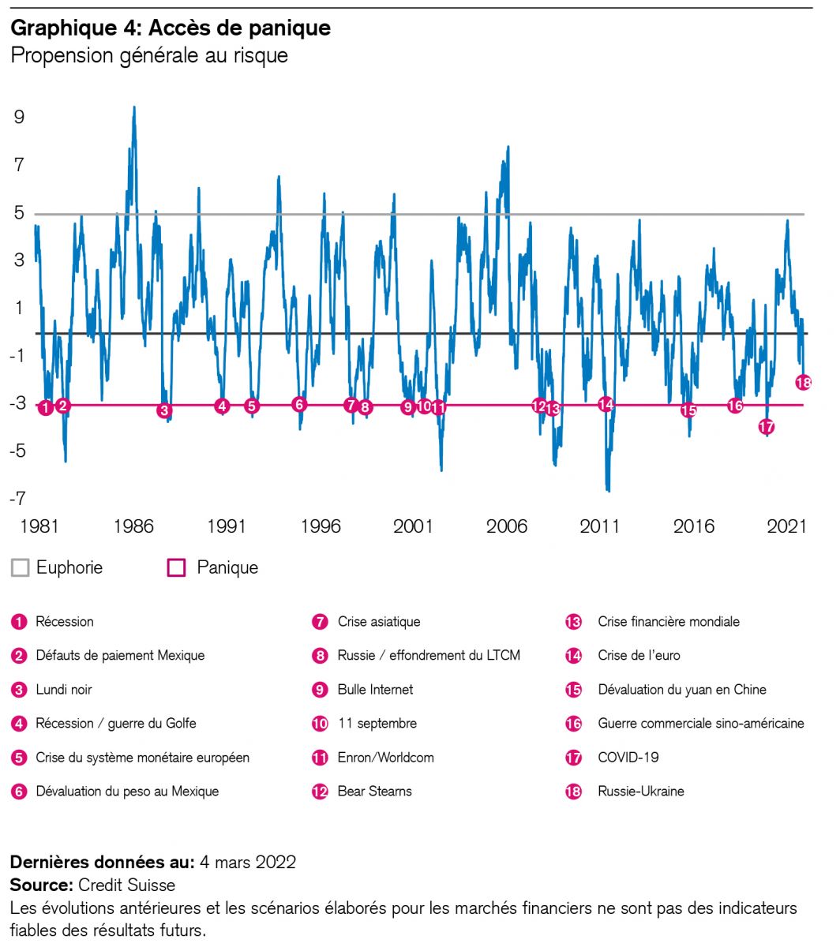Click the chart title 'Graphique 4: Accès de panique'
click(170, 28)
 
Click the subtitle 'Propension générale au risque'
click(148, 56)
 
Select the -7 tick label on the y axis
click(17, 498)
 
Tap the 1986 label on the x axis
click(133, 526)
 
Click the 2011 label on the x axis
click(600, 526)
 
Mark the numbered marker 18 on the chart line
click(804, 382)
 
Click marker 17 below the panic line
click(766, 427)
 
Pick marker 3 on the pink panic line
click(164, 410)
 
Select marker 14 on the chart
click(606, 404)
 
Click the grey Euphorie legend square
click(20, 567)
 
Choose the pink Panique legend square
click(177, 567)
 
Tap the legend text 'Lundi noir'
click(64, 689)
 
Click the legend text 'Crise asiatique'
click(379, 622)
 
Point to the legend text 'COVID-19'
click(628, 757)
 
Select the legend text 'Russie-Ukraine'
click(641, 791)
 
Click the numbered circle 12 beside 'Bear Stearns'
click(320, 791)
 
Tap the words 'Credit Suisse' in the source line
click(127, 885)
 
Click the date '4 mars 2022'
click(248, 862)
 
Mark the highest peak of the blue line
click(134, 107)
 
